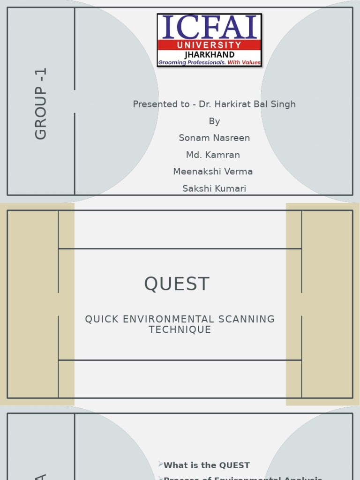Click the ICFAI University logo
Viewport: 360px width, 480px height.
point(209,40)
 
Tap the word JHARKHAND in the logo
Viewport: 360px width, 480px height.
point(210,55)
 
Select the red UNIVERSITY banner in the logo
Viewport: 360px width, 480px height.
point(209,45)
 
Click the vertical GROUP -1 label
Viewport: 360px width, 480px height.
point(41,104)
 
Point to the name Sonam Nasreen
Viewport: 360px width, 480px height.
point(214,138)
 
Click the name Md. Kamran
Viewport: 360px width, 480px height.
point(213,155)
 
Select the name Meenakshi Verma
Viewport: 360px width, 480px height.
point(213,172)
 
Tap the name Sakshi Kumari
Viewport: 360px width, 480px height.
point(214,188)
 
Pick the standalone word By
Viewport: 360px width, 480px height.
point(214,121)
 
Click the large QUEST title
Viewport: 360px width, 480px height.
point(177,284)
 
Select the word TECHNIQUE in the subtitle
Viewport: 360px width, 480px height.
point(180,330)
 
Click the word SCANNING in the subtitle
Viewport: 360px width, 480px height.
point(247,319)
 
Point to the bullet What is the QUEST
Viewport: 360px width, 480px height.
point(206,465)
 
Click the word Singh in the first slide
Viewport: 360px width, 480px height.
point(283,104)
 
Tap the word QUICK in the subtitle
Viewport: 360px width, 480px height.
point(100,319)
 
